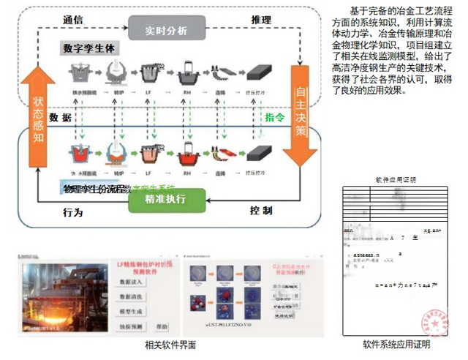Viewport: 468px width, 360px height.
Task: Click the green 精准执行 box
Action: click(166, 200)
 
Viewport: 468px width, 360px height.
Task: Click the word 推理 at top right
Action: click(261, 19)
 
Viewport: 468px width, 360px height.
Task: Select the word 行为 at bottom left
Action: click(73, 212)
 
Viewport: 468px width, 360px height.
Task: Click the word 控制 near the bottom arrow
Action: click(261, 211)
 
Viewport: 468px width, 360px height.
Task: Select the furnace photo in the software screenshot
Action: click(59, 296)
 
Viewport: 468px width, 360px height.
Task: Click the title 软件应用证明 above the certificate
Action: click(396, 179)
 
